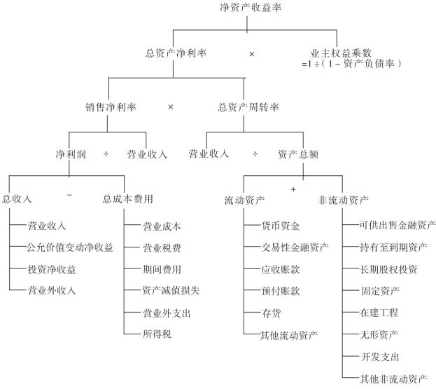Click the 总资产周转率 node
pyautogui.click(x=249, y=108)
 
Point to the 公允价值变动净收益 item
pyautogui.click(x=70, y=247)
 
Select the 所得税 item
pyautogui.click(x=157, y=333)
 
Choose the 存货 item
pyautogui.click(x=271, y=312)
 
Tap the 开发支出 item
pyautogui.click(x=380, y=357)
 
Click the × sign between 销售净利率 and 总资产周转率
pyautogui.click(x=171, y=107)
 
